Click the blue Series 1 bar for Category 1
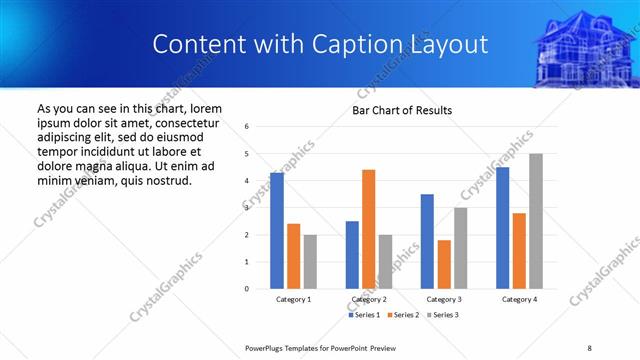click(x=277, y=231)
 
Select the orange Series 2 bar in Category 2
click(x=368, y=229)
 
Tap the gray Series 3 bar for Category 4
click(x=536, y=221)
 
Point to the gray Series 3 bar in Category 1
click(x=310, y=262)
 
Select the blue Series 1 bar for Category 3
click(x=427, y=241)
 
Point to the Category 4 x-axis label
click(x=519, y=299)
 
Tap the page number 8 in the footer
click(x=589, y=347)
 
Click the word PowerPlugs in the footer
click(x=268, y=347)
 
